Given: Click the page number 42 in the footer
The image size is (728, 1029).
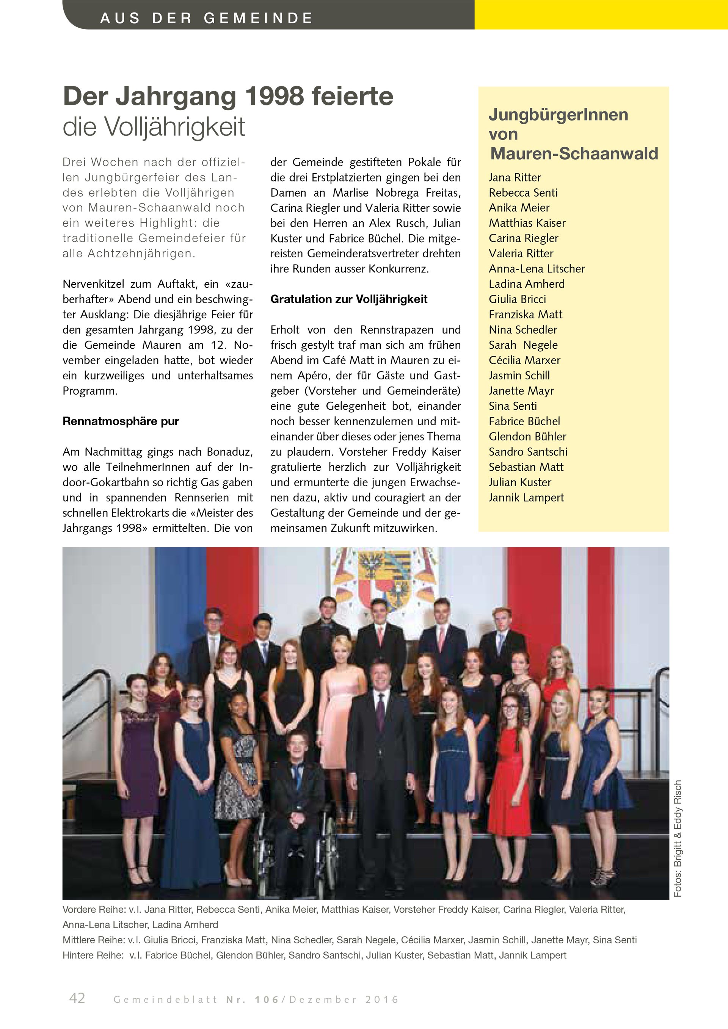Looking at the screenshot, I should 77,998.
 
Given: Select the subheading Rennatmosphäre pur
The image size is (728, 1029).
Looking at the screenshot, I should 121,421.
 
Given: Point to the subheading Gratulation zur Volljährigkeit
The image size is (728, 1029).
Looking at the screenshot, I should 349,299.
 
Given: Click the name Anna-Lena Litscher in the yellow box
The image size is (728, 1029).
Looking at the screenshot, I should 537,269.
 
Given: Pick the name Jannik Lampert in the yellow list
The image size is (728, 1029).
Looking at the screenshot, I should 526,498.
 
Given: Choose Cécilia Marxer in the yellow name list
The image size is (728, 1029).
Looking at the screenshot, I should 524,360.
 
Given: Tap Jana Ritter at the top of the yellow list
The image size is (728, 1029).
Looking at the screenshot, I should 515,177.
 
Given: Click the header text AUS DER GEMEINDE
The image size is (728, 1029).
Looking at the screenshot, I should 206,18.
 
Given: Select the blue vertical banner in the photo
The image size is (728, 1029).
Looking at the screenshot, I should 180,605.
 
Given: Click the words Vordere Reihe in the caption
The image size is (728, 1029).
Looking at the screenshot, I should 93,909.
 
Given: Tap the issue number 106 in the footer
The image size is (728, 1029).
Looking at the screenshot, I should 267,999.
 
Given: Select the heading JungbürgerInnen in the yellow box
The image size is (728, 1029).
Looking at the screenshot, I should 558,115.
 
